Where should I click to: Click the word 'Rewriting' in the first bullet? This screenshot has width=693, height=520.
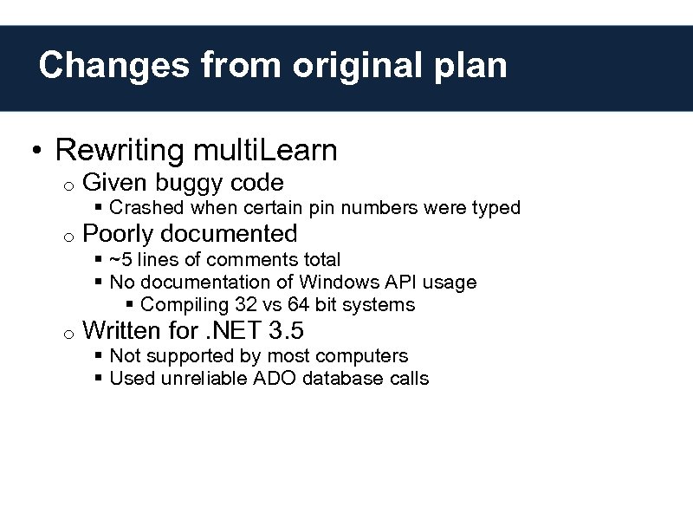[120, 151]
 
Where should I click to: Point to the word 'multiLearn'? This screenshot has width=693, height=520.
[264, 151]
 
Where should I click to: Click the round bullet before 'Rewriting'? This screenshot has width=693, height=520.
[33, 153]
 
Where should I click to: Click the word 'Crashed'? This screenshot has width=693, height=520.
[147, 208]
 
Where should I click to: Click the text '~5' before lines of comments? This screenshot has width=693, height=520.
[120, 260]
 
